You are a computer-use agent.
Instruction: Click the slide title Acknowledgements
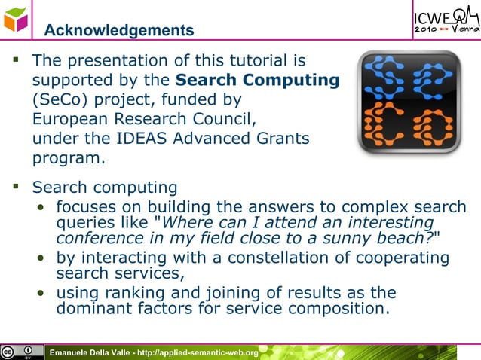point(118,30)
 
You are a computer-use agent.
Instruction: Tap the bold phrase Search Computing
point(257,79)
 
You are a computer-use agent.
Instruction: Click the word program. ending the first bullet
point(66,159)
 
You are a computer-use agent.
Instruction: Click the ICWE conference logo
point(445,19)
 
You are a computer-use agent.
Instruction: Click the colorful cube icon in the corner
point(15,17)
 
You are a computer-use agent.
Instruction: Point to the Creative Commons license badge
point(22,352)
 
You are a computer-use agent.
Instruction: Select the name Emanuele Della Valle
point(89,352)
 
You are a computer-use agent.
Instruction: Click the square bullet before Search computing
point(15,185)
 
